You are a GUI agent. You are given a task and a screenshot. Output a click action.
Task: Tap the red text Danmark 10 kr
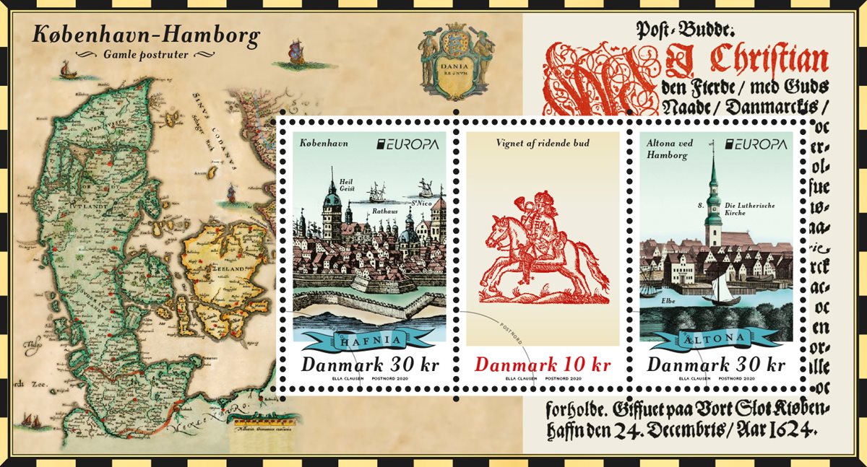coord(543,364)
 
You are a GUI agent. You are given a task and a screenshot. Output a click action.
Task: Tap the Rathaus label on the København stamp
coord(385,211)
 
